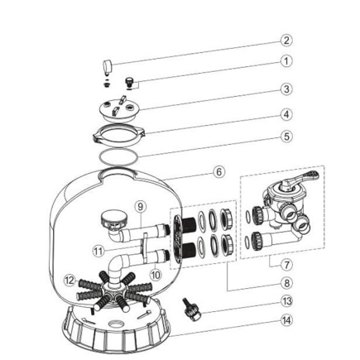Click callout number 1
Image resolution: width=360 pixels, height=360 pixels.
(x=286, y=60)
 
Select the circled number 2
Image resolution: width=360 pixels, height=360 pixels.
(x=286, y=40)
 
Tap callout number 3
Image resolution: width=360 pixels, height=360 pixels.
(x=286, y=89)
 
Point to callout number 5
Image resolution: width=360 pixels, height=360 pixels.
(x=286, y=136)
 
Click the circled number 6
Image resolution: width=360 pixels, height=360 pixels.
(x=219, y=172)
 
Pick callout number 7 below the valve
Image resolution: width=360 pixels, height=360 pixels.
(x=286, y=266)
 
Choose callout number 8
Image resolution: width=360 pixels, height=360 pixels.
(x=286, y=282)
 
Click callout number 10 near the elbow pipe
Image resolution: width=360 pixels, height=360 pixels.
(x=155, y=273)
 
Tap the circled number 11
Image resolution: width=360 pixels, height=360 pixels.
(x=98, y=247)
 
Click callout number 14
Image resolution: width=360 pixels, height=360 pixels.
(x=286, y=319)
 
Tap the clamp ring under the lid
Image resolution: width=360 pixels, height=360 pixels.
(x=121, y=132)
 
